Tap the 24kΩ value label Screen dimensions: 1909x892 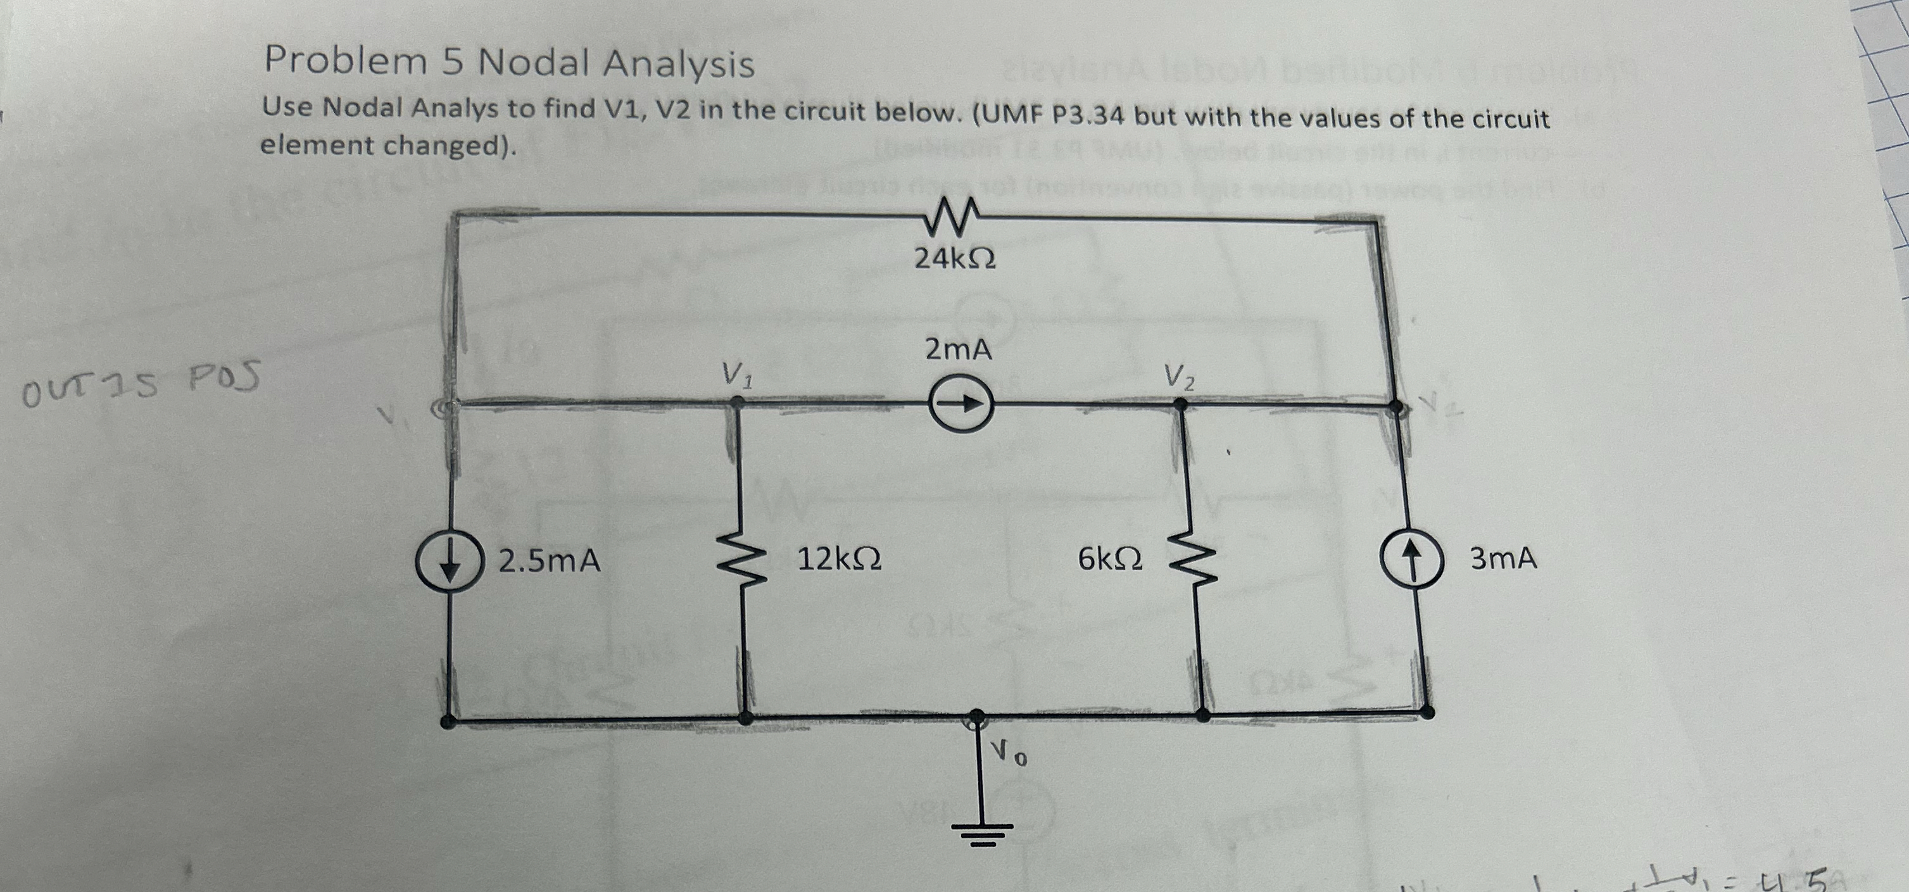[955, 258]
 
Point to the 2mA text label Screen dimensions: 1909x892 [957, 349]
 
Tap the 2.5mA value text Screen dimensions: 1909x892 [548, 561]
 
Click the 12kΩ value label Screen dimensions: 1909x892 [839, 558]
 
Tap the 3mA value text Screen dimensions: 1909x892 [1503, 558]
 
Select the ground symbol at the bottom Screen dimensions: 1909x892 [983, 831]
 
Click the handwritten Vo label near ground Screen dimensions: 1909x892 [1009, 754]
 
